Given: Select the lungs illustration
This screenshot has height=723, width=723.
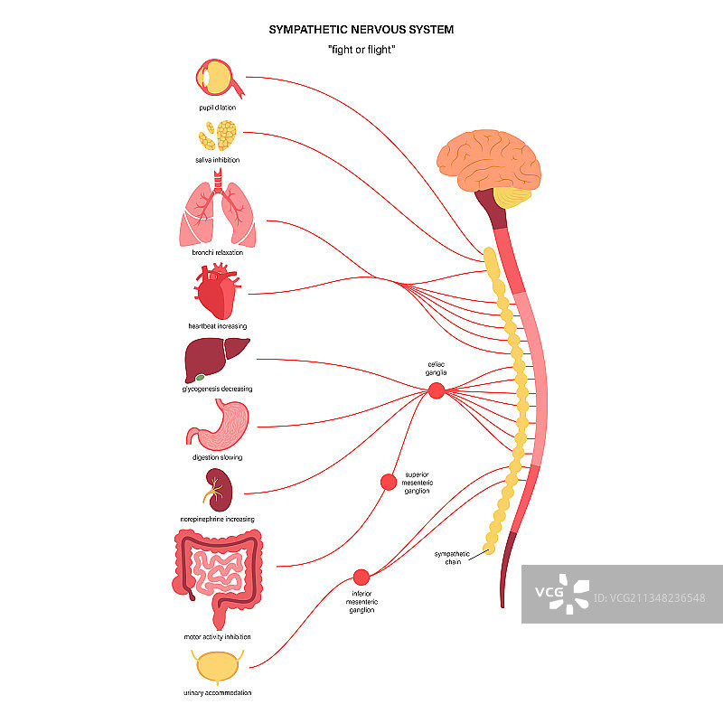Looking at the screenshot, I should (x=218, y=213).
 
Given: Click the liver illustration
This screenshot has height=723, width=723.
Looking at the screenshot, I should (x=217, y=359).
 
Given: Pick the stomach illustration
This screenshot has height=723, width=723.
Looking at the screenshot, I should (x=220, y=425).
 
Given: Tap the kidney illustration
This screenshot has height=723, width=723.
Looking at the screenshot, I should (x=217, y=492).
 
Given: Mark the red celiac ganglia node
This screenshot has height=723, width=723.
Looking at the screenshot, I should (x=436, y=390).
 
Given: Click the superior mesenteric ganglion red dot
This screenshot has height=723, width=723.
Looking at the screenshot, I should (x=389, y=483).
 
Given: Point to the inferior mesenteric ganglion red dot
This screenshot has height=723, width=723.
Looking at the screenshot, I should (x=361, y=577).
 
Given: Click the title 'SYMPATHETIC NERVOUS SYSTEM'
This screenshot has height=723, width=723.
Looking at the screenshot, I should (x=361, y=30).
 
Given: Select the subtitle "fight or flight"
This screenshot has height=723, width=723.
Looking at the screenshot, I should (x=361, y=49).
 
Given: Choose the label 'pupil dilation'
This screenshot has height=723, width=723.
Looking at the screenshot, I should (x=218, y=107).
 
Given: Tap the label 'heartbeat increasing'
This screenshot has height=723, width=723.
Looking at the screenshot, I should (x=217, y=325).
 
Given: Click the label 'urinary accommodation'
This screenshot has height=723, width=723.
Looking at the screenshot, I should (x=217, y=692).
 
